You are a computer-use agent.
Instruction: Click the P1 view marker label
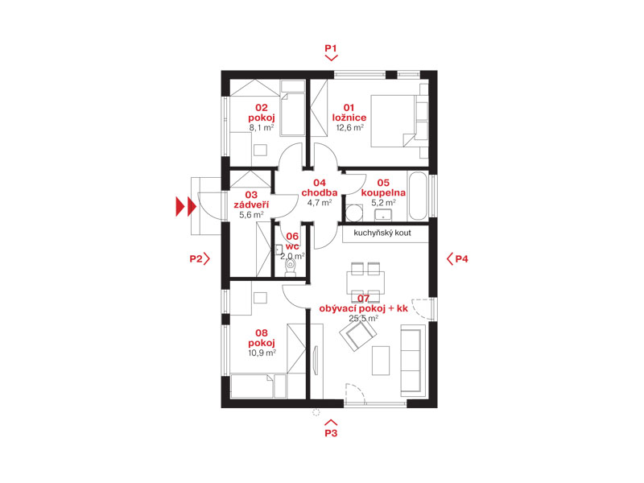tap(331, 48)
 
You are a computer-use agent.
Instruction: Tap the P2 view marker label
tap(196, 258)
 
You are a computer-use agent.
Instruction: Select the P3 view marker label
tap(331, 433)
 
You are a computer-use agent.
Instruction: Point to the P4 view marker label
tap(461, 258)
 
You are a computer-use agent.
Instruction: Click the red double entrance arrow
tap(186, 206)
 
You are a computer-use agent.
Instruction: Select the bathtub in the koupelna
tap(418, 196)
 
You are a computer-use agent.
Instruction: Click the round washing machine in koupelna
tap(354, 213)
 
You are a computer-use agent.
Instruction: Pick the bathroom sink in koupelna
tap(383, 215)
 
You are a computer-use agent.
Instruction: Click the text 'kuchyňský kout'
tap(382, 233)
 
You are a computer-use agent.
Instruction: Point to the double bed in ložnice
tap(399, 121)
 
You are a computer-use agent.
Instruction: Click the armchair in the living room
tap(358, 334)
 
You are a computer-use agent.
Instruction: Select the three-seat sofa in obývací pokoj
tap(413, 361)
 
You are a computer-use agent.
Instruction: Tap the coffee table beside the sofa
tap(381, 361)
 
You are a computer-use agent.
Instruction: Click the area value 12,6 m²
tap(350, 128)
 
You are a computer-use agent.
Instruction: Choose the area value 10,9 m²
tap(262, 353)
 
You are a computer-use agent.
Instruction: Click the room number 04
tap(320, 183)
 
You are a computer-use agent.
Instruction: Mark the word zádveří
tap(251, 204)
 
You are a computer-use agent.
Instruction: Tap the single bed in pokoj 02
tap(292, 108)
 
